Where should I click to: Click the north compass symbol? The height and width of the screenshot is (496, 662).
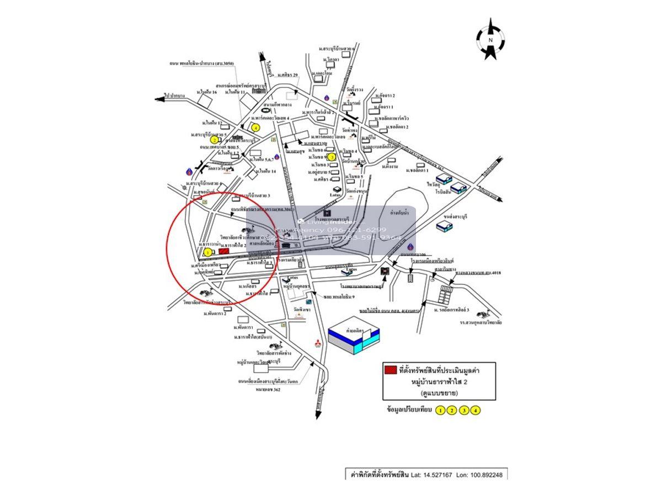click(x=489, y=39)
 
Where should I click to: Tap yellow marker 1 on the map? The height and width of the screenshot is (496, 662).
click(x=207, y=252)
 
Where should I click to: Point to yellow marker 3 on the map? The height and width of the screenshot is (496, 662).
click(x=332, y=157)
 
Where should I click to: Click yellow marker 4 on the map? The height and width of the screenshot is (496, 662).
click(x=255, y=127)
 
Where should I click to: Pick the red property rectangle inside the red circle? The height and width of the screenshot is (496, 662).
click(x=225, y=251)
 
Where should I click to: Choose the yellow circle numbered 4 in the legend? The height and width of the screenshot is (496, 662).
click(x=476, y=410)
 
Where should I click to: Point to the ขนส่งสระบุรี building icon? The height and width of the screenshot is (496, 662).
click(x=445, y=226)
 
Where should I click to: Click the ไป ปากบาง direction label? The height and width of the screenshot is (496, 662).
click(x=174, y=95)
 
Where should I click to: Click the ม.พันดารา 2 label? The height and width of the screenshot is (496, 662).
click(x=215, y=314)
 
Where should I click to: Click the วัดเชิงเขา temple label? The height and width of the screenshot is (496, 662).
click(x=302, y=309)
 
